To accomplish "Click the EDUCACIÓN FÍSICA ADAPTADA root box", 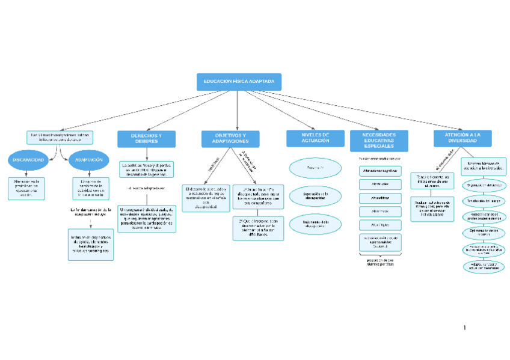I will coord(239,82).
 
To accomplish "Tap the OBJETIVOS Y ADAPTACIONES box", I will coord(230,139).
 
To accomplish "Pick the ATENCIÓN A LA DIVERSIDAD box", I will coord(462,138).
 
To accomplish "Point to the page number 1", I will coord(464,328).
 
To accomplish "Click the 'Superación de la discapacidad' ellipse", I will coord(315,196).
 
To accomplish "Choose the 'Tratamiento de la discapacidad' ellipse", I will coord(315,224).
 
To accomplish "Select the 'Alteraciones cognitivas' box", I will coord(380,171).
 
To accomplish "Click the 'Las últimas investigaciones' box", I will coord(60,138).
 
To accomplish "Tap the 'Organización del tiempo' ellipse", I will coord(484,186).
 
